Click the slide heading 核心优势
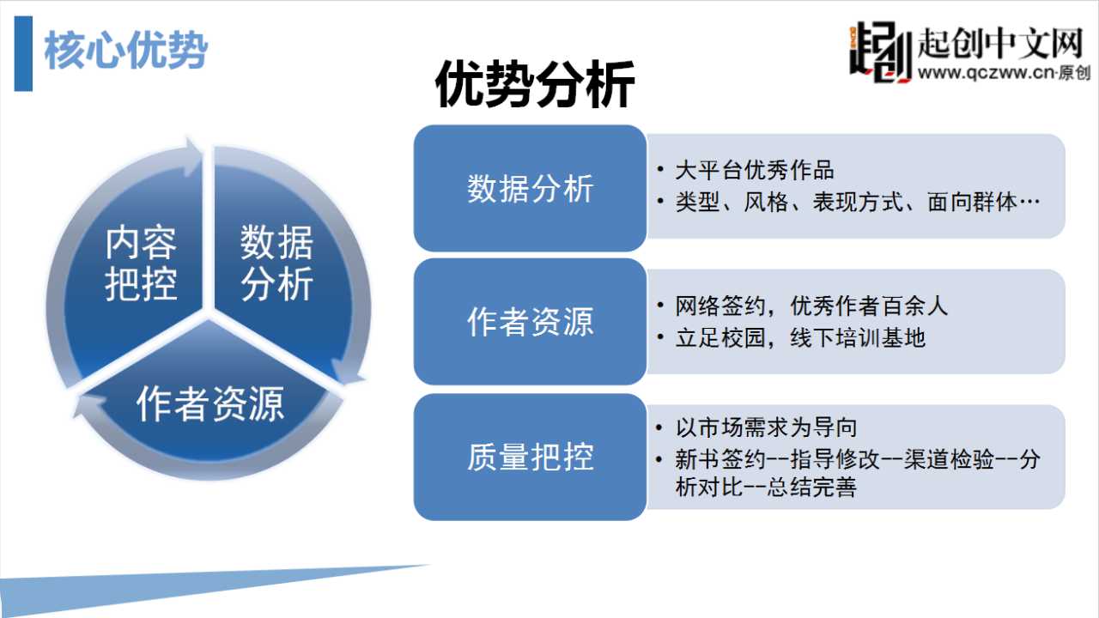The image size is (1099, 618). [126, 51]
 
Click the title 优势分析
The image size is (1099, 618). [535, 84]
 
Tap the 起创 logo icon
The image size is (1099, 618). [880, 52]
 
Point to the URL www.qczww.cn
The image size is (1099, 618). [987, 73]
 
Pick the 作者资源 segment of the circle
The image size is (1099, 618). [210, 403]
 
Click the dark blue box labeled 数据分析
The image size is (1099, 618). [530, 188]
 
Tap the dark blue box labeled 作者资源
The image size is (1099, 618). [530, 322]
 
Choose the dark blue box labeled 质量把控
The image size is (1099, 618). [530, 457]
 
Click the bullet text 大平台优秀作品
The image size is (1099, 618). [755, 171]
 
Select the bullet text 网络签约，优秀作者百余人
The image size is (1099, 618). [811, 306]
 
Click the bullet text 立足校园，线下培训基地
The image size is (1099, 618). [800, 338]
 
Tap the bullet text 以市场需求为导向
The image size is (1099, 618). [766, 427]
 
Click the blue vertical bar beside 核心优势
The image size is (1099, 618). [23, 53]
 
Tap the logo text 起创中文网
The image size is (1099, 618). [1000, 43]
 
